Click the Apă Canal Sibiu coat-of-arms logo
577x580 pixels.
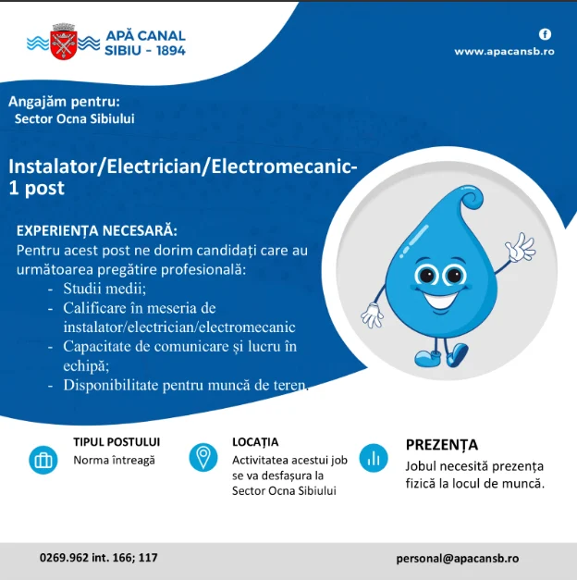64,42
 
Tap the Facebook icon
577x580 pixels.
545,34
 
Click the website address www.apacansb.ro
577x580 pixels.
503,52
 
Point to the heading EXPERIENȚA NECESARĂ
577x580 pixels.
97,230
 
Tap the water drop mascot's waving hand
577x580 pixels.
519,248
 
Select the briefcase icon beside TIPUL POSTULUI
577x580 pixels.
43,460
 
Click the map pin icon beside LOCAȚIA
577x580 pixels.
203,457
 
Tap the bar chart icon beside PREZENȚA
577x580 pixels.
374,457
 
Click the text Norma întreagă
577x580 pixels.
114,460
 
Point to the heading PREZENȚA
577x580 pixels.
441,444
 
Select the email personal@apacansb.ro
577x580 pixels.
457,558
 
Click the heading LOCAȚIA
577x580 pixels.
255,442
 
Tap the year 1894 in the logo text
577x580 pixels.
166,50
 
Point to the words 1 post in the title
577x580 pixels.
36,188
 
